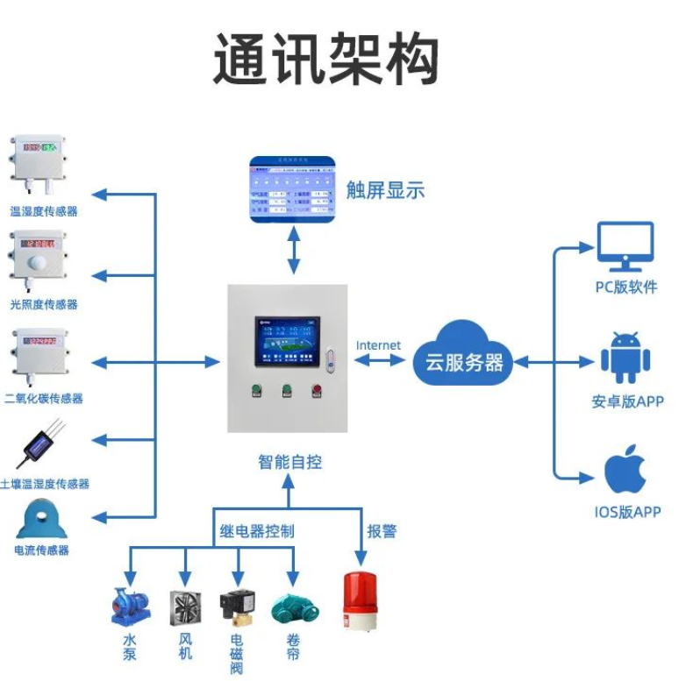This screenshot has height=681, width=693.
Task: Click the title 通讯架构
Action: click(325, 60)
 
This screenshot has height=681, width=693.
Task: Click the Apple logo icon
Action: click(625, 472)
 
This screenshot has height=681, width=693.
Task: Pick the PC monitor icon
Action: click(625, 246)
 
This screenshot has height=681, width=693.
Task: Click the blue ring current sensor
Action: click(41, 518)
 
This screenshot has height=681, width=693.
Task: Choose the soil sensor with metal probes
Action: click(40, 446)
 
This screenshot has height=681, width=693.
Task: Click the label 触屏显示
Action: click(385, 189)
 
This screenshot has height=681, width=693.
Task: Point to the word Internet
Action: click(378, 345)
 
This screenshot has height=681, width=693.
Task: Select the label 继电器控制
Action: click(256, 530)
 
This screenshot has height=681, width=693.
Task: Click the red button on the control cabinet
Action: click(316, 392)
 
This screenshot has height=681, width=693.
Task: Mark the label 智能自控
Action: click(289, 461)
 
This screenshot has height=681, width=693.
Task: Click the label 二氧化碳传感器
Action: click(44, 398)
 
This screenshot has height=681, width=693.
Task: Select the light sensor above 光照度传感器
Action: click(37, 258)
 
